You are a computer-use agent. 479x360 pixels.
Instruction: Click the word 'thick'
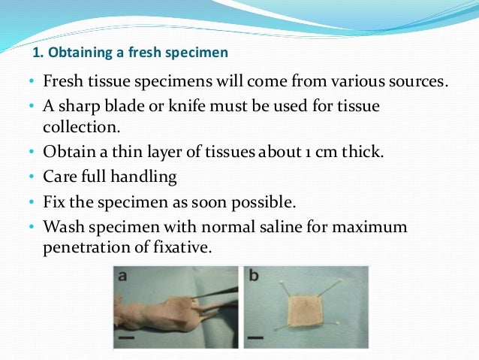pyautogui.click(x=363, y=153)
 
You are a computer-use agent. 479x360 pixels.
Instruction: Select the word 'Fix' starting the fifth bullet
pyautogui.click(x=55, y=202)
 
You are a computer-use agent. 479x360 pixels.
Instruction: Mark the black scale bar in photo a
pyautogui.click(x=125, y=338)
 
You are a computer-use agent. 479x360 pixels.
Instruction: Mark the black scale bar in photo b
pyautogui.click(x=256, y=338)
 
